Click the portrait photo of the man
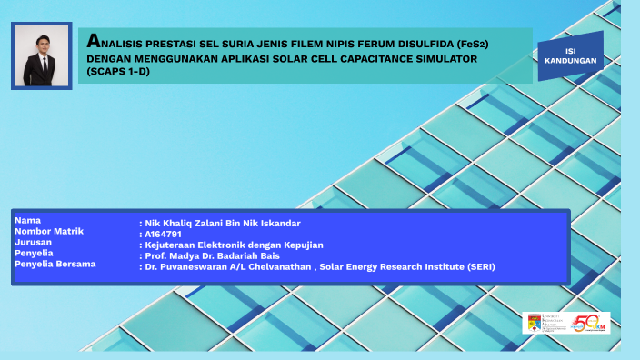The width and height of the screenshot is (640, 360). tap(41, 56)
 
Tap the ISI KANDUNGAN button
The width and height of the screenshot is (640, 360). tap(570, 55)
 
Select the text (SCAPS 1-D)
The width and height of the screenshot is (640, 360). tap(118, 71)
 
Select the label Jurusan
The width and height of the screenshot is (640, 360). tap(34, 243)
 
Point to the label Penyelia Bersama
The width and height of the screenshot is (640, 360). tap(55, 265)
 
